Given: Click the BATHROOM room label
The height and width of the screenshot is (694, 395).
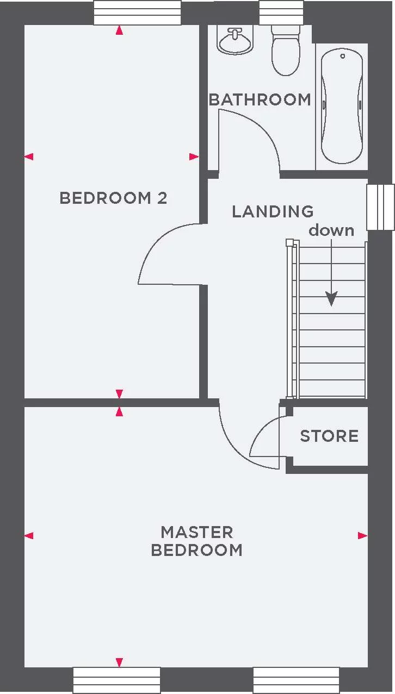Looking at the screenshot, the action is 260,100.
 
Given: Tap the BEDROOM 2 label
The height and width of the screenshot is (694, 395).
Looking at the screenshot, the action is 113,198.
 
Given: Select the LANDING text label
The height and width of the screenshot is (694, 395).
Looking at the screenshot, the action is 273,211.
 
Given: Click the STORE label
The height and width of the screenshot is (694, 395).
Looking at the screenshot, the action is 329,436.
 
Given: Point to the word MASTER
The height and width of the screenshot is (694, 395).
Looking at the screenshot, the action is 197,532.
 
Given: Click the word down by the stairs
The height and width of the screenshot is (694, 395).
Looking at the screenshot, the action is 331,230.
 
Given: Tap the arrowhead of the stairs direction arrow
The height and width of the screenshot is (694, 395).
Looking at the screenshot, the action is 331,299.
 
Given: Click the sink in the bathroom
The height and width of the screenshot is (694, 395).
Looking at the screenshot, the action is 235,41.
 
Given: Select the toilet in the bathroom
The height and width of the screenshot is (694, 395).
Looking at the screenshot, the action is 286,50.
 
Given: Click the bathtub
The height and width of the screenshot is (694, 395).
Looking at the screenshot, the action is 342,106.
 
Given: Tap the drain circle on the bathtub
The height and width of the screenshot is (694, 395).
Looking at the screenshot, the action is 343,56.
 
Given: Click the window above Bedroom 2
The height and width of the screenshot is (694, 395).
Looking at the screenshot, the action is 138,12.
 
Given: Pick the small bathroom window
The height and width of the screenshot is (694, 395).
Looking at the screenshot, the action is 281,12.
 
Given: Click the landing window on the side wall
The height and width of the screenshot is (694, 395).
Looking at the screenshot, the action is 381,207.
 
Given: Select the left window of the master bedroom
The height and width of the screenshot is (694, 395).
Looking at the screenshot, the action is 116,680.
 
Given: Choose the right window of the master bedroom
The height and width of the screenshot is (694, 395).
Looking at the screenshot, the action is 296,680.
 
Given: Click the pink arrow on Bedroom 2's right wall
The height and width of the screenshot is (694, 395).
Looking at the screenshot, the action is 194,157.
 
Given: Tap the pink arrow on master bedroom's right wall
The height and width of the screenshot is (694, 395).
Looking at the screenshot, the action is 363,535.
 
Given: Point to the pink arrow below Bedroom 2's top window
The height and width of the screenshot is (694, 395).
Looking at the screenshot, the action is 120,30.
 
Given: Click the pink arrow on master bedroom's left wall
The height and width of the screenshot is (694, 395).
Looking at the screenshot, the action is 29,535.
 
